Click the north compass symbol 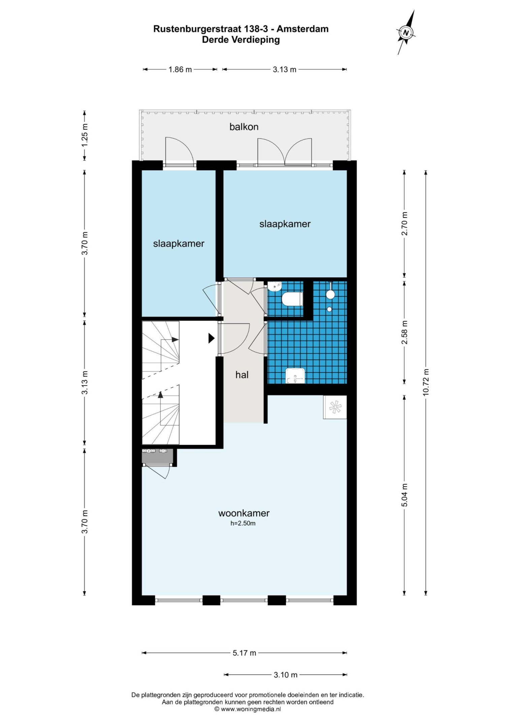406,32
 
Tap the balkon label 244,127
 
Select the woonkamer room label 244,513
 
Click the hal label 242,375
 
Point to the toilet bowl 292,299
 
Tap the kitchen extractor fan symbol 335,407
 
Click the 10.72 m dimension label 426,382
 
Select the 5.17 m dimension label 245,653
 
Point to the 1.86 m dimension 180,69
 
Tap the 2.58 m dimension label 405,333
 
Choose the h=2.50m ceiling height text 243,523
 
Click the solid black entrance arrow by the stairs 211,338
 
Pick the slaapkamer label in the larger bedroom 285,224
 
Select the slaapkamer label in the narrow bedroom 179,243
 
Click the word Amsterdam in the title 302,29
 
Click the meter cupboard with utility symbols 157,456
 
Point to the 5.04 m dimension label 405,495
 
